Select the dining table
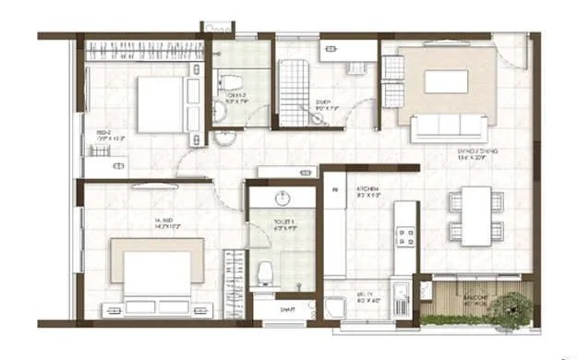click(476, 216)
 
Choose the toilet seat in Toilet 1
click(266, 270)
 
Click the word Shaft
click(287, 310)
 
